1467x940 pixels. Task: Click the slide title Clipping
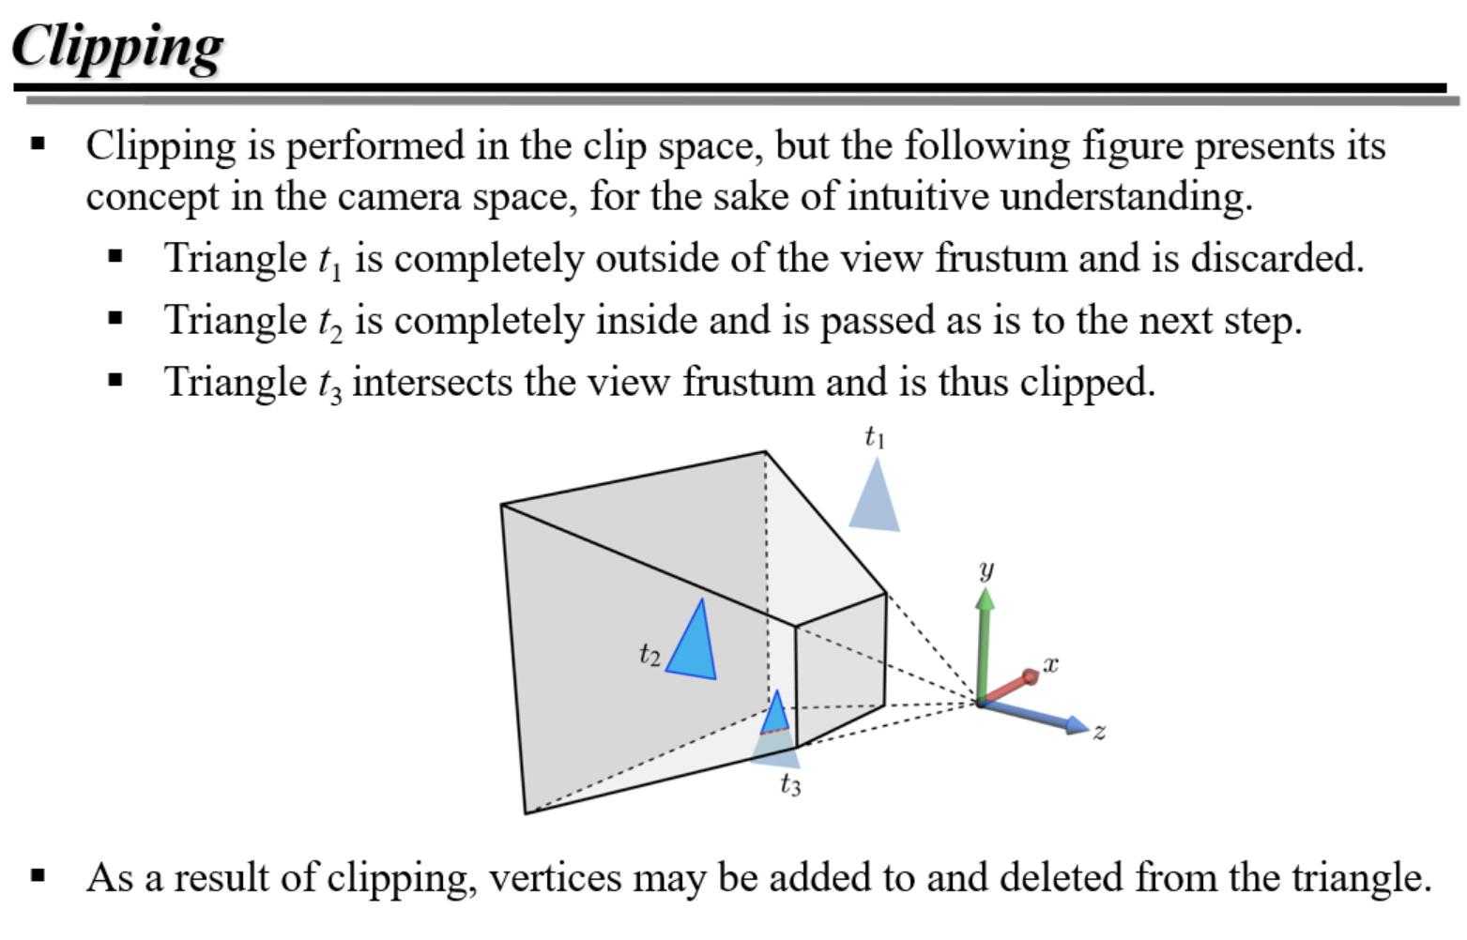(117, 47)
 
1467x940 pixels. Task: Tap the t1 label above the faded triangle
(874, 437)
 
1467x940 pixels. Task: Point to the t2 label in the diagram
(649, 654)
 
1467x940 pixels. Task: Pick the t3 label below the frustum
(790, 784)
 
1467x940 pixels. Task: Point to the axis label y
(986, 569)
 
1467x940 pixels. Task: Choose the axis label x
(1050, 664)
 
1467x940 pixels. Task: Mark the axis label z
(1099, 731)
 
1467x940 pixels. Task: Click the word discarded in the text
(1276, 258)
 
